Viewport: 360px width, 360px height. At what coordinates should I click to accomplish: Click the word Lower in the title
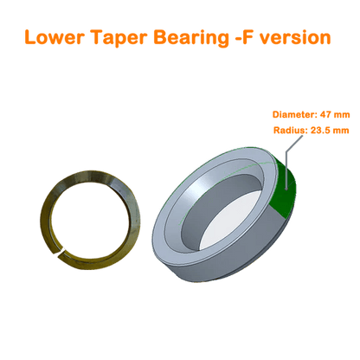click(55, 37)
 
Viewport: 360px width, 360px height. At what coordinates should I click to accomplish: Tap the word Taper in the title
click(119, 38)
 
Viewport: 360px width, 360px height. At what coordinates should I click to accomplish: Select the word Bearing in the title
click(191, 38)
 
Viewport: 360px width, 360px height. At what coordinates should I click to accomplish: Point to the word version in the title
click(295, 38)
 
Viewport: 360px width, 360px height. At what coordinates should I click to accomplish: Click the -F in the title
click(245, 37)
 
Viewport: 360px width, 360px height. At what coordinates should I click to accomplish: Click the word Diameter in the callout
click(294, 114)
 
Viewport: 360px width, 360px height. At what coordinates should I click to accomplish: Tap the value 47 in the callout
click(325, 114)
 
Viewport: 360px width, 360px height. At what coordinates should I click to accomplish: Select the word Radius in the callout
click(290, 131)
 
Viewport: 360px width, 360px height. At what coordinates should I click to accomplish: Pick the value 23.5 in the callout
click(320, 131)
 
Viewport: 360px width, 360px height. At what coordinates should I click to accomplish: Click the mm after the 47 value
click(342, 115)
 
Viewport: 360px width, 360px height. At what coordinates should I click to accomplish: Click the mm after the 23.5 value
click(341, 131)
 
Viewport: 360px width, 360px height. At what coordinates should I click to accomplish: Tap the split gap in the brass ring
click(61, 251)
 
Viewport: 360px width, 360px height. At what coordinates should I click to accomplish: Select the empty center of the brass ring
click(89, 219)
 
